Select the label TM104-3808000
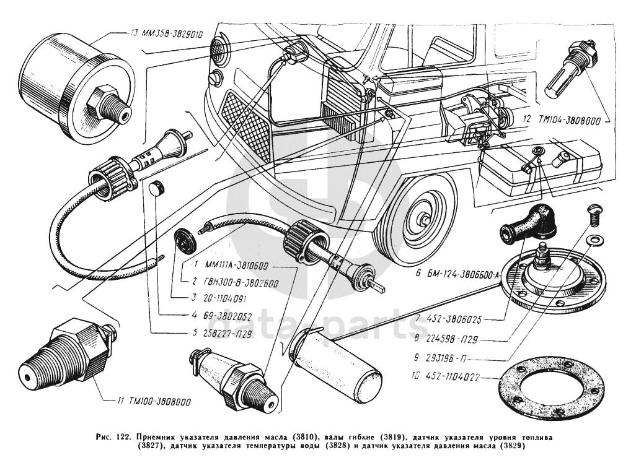(567, 122)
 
